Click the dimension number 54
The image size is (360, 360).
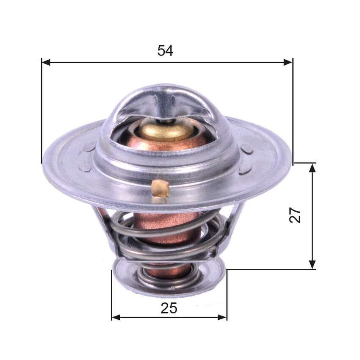pos(165,50)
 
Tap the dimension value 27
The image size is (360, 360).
pos(296,215)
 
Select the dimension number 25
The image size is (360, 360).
pos(169,308)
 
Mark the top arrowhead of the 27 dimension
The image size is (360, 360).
pos(313,167)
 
